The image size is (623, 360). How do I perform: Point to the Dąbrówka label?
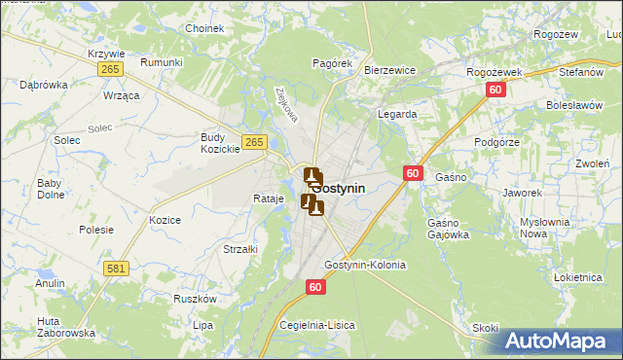coord(44,85)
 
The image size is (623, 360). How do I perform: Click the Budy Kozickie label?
coord(220,143)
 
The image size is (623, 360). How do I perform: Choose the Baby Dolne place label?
coord(50,189)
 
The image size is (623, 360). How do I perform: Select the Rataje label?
coord(268,198)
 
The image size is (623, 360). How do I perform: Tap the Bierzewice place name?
coord(389,71)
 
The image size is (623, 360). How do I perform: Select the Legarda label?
coord(397,114)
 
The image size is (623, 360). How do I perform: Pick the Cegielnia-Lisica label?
coord(317,324)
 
